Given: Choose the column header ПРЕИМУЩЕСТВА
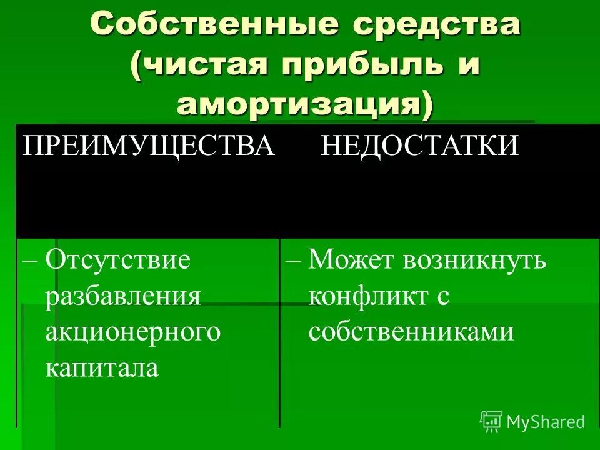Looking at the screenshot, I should [149, 146].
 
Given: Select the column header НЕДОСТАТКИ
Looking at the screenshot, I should [420, 146].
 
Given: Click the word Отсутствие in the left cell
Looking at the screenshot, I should [117, 259].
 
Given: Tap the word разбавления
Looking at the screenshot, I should [122, 296].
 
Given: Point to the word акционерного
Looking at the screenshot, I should [133, 332].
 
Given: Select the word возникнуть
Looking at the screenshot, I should [474, 259].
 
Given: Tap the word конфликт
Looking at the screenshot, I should [366, 296].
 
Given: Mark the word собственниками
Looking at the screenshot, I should [411, 332].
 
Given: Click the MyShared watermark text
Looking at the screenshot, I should [546, 422].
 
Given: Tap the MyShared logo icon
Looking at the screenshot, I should [491, 421].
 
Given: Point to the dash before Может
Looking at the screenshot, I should [293, 261].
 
